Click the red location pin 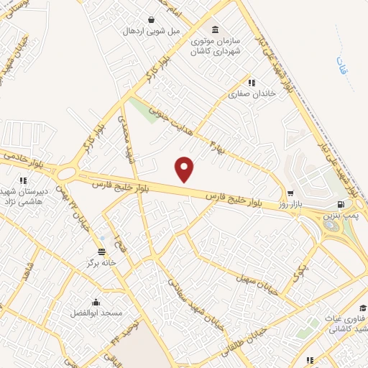coord(185,169)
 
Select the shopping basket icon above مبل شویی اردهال coord(152,19)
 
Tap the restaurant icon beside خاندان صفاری coord(251,83)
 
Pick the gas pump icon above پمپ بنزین coord(331,204)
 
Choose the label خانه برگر coord(101,262)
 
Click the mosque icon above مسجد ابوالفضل coord(96,302)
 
